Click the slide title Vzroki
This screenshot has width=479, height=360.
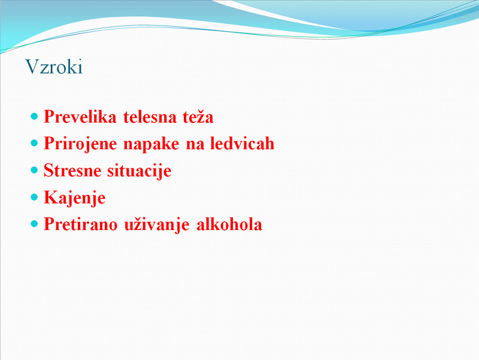coord(54,66)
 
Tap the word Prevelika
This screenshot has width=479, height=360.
coord(80,117)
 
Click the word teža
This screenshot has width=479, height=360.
coord(198,116)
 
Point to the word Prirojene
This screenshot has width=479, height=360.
coord(80,144)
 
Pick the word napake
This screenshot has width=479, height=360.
coord(151,144)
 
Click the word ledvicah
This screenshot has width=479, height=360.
coord(242,143)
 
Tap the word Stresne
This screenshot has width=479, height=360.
coord(72,170)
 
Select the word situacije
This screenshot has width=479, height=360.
coord(140,171)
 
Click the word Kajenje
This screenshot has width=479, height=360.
coord(75,198)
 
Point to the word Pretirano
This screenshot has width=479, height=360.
coord(81,224)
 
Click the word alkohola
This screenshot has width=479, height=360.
coord(229,224)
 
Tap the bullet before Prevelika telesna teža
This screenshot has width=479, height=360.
coord(34,116)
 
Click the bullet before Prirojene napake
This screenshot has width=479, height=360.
coord(34,143)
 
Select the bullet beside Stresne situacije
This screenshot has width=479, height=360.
coord(34,170)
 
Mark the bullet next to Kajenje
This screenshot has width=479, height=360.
coord(34,197)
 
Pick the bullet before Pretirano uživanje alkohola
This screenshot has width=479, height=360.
coord(34,224)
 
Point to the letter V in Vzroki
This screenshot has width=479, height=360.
coord(32,66)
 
